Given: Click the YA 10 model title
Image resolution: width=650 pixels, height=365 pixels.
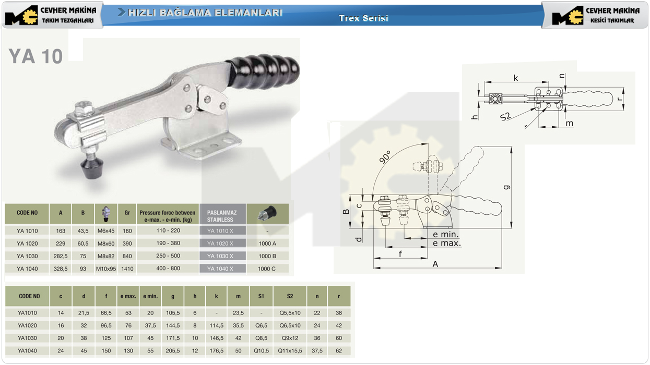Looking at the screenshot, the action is pyautogui.click(x=36, y=56).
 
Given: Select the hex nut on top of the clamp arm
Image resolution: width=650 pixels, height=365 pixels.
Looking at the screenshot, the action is pyautogui.click(x=84, y=108).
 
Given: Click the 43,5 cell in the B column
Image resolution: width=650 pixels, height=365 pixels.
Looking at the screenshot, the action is pyautogui.click(x=83, y=231).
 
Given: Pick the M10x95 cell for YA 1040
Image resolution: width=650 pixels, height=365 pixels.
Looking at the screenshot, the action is pyautogui.click(x=106, y=269).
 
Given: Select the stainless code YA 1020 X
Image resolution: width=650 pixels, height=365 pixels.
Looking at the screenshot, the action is pyautogui.click(x=220, y=244).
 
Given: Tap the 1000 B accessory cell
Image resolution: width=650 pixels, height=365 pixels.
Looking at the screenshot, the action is pyautogui.click(x=267, y=256).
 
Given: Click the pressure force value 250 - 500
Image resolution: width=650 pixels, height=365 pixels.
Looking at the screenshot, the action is pyautogui.click(x=168, y=256).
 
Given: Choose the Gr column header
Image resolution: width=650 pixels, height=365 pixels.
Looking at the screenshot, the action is pyautogui.click(x=127, y=213).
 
